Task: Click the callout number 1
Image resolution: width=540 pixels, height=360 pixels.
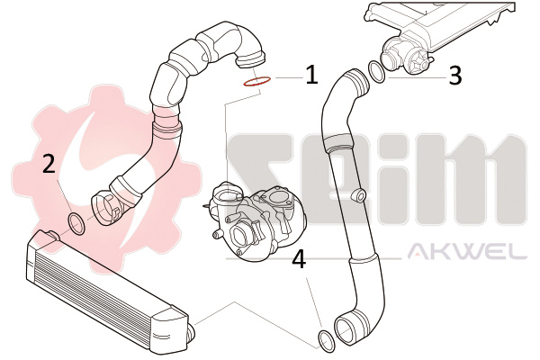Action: pyautogui.click(x=312, y=75)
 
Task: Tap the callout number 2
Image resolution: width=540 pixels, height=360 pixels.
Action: pyautogui.click(x=49, y=163)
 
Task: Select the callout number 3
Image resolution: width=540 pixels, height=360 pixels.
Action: pyautogui.click(x=455, y=76)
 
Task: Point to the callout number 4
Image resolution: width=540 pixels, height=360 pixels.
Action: pyautogui.click(x=299, y=259)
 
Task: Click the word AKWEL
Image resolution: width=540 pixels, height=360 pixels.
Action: pyautogui.click(x=467, y=251)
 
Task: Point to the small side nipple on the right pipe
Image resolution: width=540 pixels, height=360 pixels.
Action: pyautogui.click(x=358, y=195)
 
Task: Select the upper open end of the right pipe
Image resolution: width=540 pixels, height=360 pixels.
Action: pyautogui.click(x=357, y=81)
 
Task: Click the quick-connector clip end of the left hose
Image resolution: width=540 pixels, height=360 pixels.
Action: pyautogui.click(x=105, y=210)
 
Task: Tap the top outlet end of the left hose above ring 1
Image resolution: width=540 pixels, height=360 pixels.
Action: pyautogui.click(x=251, y=60)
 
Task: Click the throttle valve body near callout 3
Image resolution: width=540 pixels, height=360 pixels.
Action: pyautogui.click(x=405, y=57)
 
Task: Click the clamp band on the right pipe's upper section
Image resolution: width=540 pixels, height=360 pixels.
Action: pyautogui.click(x=337, y=144)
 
